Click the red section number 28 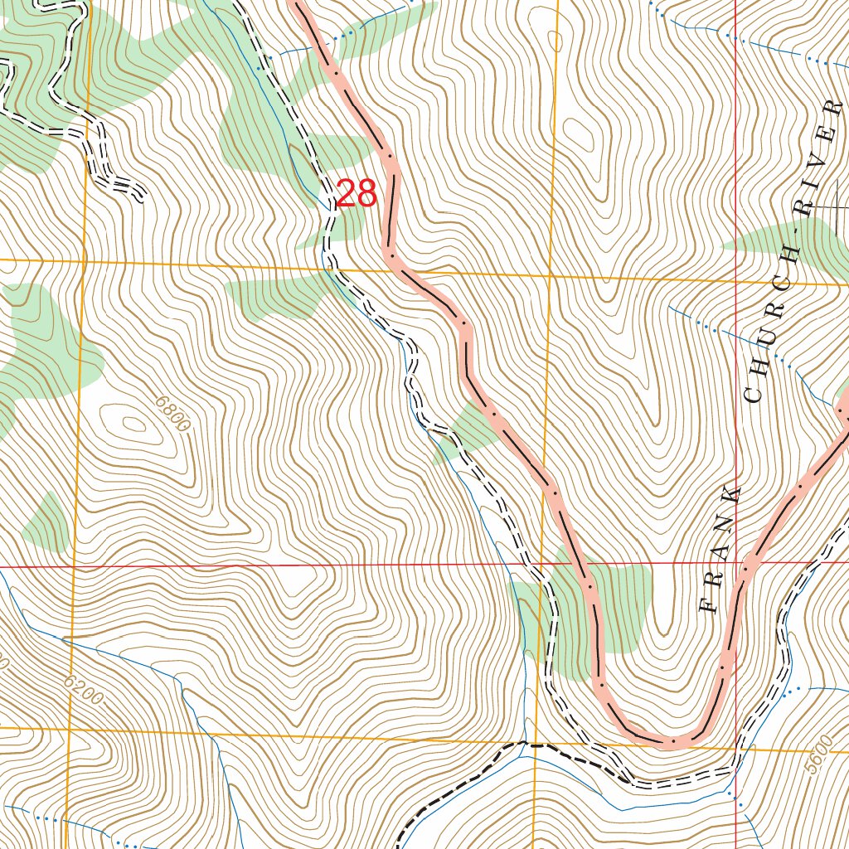pyautogui.click(x=357, y=194)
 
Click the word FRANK pyautogui.click(x=720, y=550)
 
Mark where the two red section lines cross pyautogui.click(x=736, y=562)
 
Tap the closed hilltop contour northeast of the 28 pyautogui.click(x=580, y=133)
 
